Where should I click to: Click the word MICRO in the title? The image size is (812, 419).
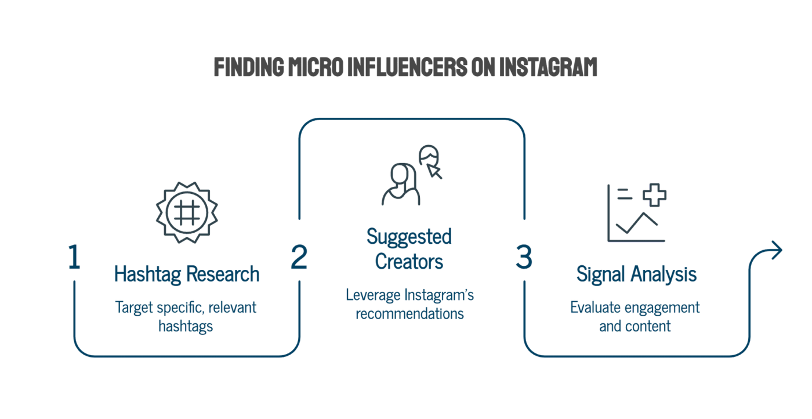[316, 67]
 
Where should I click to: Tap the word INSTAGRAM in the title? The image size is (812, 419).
[548, 67]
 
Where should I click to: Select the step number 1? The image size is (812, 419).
[74, 257]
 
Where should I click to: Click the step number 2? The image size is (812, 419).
[299, 257]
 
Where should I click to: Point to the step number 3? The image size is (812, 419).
[524, 257]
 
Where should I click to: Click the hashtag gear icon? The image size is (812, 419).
[187, 212]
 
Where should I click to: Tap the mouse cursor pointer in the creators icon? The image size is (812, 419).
[434, 171]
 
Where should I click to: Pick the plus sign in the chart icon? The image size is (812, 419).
[654, 195]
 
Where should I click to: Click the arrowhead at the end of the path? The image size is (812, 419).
[777, 250]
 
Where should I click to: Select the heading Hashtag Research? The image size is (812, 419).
[187, 274]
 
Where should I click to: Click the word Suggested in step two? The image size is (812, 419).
[409, 237]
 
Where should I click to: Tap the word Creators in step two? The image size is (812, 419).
[409, 262]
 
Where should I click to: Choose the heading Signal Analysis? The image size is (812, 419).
[637, 274]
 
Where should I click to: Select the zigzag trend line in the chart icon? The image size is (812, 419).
[637, 223]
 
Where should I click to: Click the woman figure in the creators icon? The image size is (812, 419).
[401, 185]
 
